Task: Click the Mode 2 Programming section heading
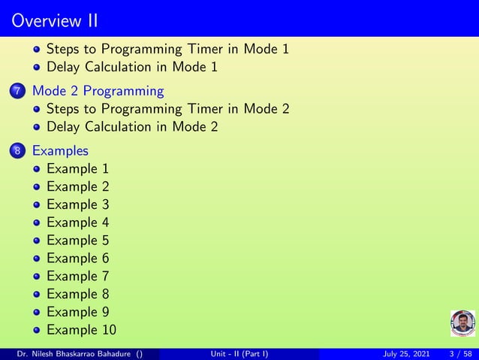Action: coord(98,91)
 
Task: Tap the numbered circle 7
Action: coord(18,92)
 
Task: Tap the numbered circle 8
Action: coord(18,152)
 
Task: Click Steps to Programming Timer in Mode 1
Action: coord(167,50)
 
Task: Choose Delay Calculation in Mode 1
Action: coord(132,67)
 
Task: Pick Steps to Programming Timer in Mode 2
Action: coord(167,109)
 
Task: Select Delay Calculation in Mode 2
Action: coord(132,126)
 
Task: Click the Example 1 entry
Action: coord(77,169)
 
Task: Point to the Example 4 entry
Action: coord(77,222)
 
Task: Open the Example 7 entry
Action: coord(77,276)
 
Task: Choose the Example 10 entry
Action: coord(81,329)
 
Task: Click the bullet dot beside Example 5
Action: coord(37,241)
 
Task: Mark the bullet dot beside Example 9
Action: coord(37,312)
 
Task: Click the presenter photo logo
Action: coord(462,323)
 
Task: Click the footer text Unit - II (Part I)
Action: coord(239,354)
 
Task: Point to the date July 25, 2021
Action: coord(405,354)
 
